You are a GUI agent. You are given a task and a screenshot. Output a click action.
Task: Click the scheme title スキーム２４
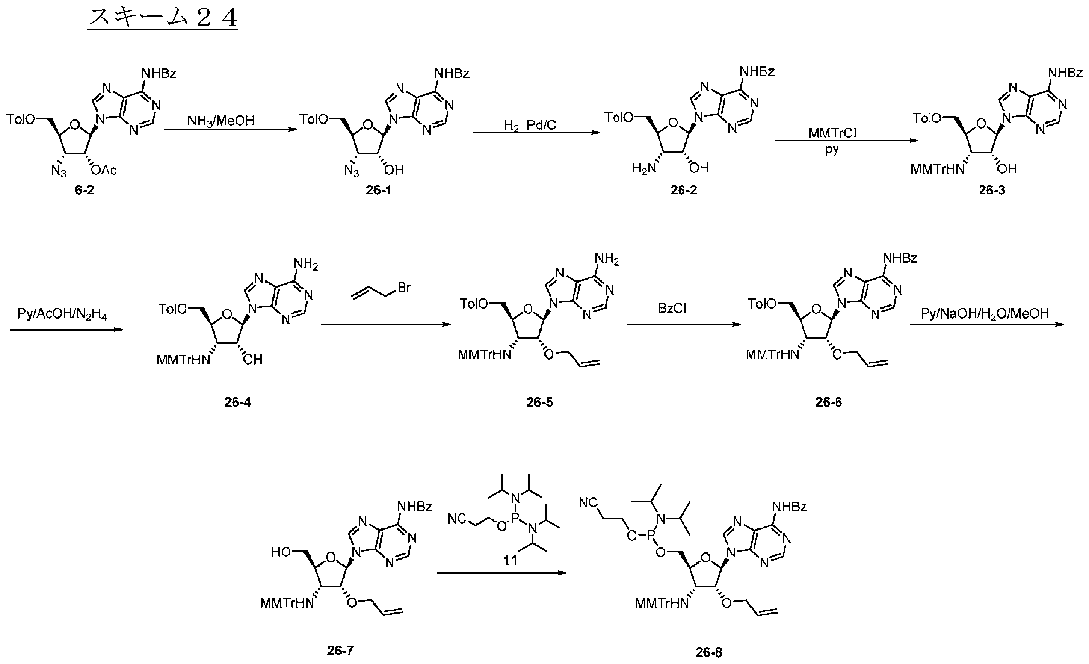click(162, 18)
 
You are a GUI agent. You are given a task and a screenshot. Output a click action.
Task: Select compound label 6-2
click(84, 190)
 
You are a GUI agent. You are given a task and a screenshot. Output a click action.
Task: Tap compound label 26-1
click(378, 190)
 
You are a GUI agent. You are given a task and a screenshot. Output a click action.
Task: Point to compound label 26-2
click(684, 190)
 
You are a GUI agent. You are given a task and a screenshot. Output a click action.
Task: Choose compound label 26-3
click(992, 190)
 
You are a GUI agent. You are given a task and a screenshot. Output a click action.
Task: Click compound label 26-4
click(237, 402)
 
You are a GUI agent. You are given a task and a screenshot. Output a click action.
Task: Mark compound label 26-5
click(539, 402)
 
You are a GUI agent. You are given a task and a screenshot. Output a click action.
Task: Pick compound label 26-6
click(828, 402)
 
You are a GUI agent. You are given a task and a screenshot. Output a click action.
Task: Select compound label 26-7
click(340, 650)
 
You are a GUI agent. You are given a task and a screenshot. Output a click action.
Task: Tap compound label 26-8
click(709, 652)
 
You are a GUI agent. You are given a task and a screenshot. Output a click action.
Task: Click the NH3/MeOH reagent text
click(221, 121)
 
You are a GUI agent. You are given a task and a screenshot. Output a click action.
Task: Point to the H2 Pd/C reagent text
click(530, 125)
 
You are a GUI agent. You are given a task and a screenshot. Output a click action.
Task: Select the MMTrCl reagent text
click(833, 133)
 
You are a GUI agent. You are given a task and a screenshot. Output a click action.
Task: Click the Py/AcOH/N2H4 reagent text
click(62, 315)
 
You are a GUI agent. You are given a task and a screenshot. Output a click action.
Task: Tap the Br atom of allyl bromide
click(404, 288)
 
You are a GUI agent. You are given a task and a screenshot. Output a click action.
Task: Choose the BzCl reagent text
click(672, 308)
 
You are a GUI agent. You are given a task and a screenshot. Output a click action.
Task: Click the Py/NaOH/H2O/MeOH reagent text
click(985, 314)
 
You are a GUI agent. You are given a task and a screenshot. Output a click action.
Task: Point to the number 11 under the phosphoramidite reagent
click(510, 561)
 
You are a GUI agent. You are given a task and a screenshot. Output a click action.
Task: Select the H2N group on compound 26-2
click(644, 169)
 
